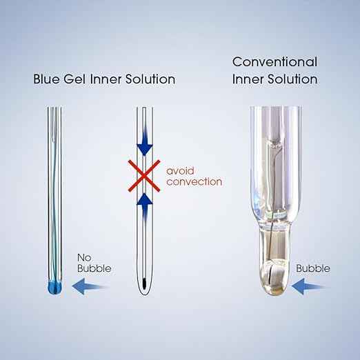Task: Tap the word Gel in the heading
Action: pyautogui.click(x=74, y=79)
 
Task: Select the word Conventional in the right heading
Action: pyautogui.click(x=274, y=62)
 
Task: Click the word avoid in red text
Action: pyautogui.click(x=180, y=171)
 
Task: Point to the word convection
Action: pyautogui.click(x=194, y=182)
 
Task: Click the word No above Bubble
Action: pyautogui.click(x=84, y=258)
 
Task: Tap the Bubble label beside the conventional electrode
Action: pyautogui.click(x=313, y=268)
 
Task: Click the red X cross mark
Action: pyautogui.click(x=144, y=176)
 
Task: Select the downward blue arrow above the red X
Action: pyautogui.click(x=145, y=141)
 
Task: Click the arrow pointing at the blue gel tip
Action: pyautogui.click(x=90, y=286)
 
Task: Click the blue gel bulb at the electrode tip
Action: pyautogui.click(x=55, y=287)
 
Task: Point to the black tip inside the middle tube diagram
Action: pyautogui.click(x=144, y=283)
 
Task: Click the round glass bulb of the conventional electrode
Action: pyautogui.click(x=275, y=278)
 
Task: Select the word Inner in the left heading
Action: pyautogui.click(x=106, y=79)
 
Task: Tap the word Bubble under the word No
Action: pyautogui.click(x=94, y=268)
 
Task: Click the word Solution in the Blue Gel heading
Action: pyautogui.click(x=150, y=79)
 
